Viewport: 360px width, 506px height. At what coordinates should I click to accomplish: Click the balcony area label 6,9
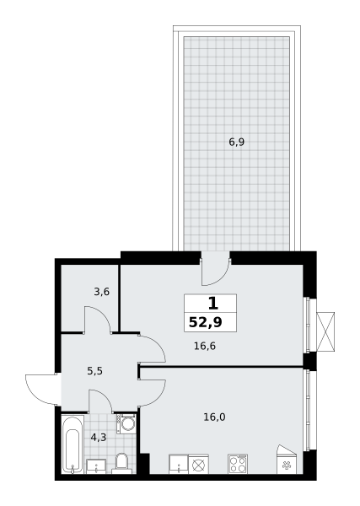(x=236, y=142)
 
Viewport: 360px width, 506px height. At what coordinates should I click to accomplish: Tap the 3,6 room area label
(x=102, y=292)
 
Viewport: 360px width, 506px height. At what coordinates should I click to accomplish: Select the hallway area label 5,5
(x=94, y=371)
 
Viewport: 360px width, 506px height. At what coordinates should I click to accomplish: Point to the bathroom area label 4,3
(x=99, y=438)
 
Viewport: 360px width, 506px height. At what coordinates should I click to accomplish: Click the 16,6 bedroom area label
(x=205, y=347)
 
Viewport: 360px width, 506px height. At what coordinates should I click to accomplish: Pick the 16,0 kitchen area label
(x=214, y=417)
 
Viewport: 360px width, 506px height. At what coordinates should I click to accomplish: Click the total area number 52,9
(x=206, y=322)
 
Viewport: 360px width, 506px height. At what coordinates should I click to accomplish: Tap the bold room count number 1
(x=213, y=304)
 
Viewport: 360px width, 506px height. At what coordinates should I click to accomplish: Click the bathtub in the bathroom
(x=73, y=444)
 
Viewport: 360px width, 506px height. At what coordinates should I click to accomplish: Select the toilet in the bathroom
(x=121, y=464)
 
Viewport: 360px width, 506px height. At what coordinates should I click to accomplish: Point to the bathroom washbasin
(x=96, y=466)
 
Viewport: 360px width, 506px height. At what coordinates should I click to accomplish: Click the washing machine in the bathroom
(x=126, y=423)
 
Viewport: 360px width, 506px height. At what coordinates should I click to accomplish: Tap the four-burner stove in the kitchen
(x=238, y=464)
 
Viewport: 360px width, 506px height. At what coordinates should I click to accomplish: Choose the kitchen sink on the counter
(x=179, y=464)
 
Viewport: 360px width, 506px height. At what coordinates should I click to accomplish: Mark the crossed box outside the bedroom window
(x=325, y=331)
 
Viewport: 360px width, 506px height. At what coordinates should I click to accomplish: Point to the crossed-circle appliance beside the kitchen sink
(x=198, y=465)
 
